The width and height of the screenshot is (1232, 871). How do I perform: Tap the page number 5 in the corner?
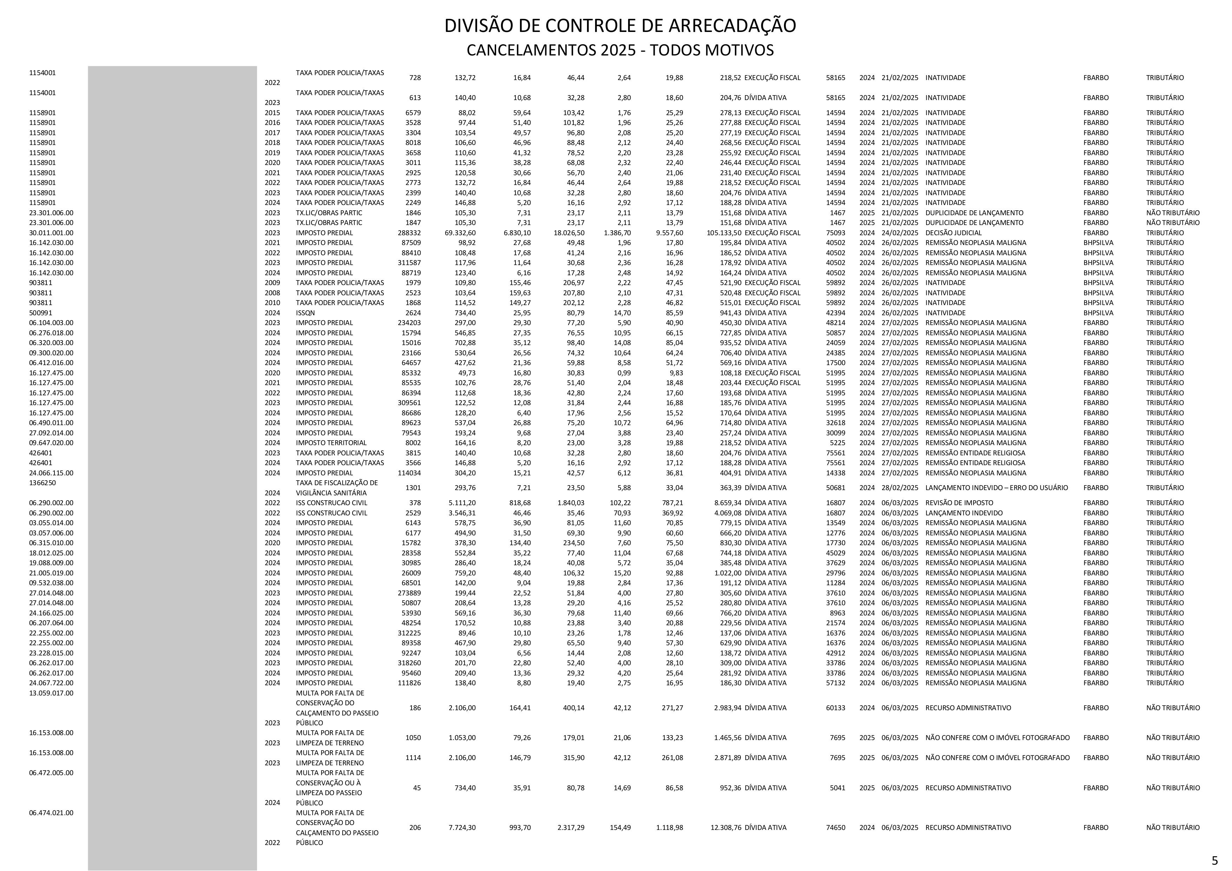(1215, 860)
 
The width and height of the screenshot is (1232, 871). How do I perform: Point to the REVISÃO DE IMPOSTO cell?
(959, 503)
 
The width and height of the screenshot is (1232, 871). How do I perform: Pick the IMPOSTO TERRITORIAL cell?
(331, 443)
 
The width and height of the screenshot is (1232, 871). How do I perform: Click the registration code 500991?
(41, 313)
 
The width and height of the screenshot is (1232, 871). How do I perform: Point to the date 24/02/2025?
(900, 233)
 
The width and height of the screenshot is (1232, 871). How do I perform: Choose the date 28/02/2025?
(900, 488)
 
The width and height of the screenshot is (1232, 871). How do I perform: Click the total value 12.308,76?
(725, 827)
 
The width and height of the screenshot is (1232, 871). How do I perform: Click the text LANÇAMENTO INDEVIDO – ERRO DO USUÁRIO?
(996, 488)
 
